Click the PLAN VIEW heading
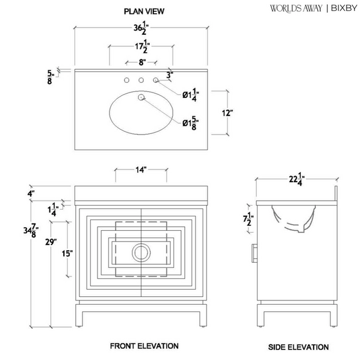click(144, 11)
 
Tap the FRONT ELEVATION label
click(144, 346)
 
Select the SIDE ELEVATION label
click(298, 347)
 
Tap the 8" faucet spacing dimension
click(141, 61)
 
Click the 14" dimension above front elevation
click(141, 170)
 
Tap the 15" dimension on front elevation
click(70, 254)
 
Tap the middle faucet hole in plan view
click(141, 80)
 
